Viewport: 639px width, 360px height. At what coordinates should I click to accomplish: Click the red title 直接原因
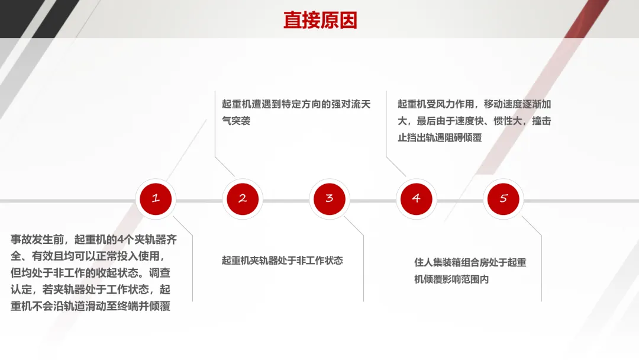coord(320,20)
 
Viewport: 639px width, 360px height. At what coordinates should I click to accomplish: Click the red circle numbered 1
coord(155,199)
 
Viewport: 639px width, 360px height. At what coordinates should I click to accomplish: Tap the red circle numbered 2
coord(242,199)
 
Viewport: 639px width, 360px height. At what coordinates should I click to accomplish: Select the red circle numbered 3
coord(329,199)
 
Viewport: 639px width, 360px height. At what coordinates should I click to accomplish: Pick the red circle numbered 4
coord(416,199)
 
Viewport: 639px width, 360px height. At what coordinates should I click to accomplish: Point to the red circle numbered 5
coord(503,199)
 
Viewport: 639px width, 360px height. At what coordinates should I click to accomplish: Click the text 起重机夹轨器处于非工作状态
coord(282,261)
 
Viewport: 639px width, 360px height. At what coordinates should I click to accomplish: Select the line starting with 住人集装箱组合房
coord(470,262)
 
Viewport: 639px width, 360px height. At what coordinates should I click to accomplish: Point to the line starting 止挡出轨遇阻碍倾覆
coord(440,137)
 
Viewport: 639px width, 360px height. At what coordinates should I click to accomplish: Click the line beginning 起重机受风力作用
coord(475,104)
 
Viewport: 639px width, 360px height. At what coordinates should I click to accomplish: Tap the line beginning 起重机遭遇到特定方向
coord(296,104)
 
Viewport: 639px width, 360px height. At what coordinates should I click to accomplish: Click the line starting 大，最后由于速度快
coord(475,121)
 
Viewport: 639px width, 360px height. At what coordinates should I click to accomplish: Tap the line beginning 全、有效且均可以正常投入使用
coord(86,256)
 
